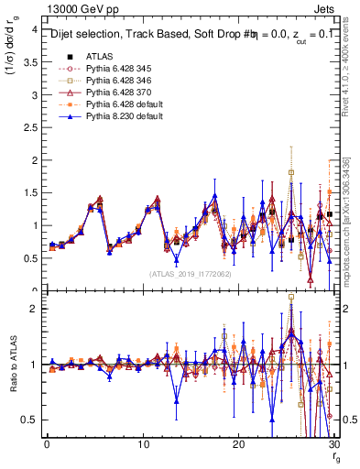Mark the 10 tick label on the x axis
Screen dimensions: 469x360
click(x=143, y=444)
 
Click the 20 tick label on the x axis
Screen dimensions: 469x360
click(x=239, y=444)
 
